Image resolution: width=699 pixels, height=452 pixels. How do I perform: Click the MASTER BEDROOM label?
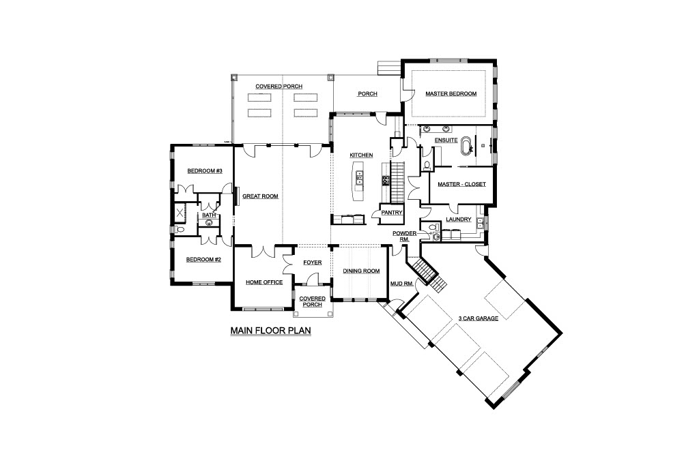[451, 93]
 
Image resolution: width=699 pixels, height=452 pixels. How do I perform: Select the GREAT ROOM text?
[260, 196]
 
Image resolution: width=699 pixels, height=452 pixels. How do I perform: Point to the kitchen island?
[358, 181]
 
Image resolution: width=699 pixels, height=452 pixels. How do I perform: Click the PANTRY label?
[392, 213]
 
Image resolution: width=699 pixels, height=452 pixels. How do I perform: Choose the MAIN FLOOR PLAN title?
[270, 331]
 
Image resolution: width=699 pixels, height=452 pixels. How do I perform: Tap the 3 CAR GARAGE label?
[479, 318]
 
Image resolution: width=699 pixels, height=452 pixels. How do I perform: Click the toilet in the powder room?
[431, 228]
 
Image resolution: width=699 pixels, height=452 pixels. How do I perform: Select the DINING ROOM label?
[361, 271]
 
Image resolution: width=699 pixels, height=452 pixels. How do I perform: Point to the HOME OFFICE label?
[264, 282]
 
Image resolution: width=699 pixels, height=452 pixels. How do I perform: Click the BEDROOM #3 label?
[205, 170]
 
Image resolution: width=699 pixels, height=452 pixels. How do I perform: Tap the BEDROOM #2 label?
[203, 259]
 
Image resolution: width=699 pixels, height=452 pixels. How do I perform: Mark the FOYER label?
[312, 262]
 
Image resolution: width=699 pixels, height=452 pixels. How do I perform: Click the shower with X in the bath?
[180, 213]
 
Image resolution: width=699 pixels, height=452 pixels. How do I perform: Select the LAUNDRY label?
[458, 219]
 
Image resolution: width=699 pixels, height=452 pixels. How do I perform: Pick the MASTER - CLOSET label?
[461, 184]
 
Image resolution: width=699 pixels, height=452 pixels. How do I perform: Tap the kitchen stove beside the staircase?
[386, 181]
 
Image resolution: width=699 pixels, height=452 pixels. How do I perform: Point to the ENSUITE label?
[446, 140]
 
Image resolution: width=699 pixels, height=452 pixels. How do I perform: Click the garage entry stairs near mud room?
[429, 274]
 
